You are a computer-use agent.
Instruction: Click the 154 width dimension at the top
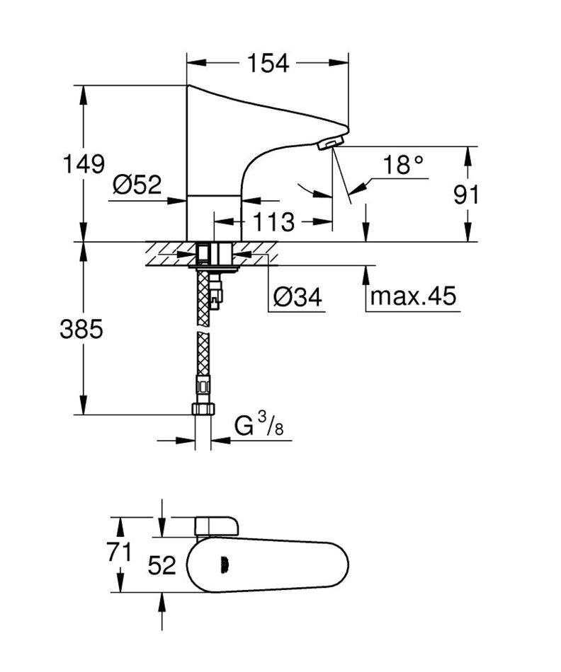[268, 64]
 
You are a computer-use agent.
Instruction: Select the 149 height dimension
[84, 163]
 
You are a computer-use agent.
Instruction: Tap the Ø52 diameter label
[137, 185]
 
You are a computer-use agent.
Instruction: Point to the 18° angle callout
[402, 165]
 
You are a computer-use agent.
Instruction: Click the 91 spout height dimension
[465, 195]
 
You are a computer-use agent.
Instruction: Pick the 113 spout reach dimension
[273, 221]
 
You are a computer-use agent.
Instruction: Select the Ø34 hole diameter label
[297, 296]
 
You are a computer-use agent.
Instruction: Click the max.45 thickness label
[413, 296]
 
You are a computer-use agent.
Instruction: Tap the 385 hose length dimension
[81, 329]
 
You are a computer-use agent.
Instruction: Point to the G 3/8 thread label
[259, 424]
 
